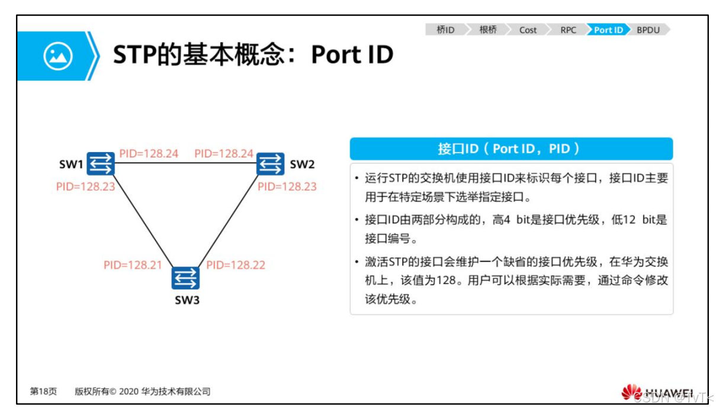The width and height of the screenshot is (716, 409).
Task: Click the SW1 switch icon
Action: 101,163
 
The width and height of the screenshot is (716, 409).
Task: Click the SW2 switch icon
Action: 271,163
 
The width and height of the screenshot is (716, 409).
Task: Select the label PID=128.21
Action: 133,265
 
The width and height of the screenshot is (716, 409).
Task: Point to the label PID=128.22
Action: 236,265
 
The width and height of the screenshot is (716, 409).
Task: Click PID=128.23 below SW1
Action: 85,186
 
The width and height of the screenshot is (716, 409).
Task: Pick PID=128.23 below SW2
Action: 287,186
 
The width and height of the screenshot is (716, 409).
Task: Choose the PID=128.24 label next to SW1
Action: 149,154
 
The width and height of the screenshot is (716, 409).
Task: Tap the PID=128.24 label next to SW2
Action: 224,154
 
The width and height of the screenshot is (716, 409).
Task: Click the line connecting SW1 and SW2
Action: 185,163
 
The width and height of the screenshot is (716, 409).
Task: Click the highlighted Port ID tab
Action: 608,30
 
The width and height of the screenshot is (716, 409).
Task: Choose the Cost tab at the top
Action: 528,30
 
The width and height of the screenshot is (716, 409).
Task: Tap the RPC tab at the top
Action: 568,30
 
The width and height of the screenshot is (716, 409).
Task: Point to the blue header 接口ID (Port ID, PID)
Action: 511,149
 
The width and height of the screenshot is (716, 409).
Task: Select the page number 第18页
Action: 44,392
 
